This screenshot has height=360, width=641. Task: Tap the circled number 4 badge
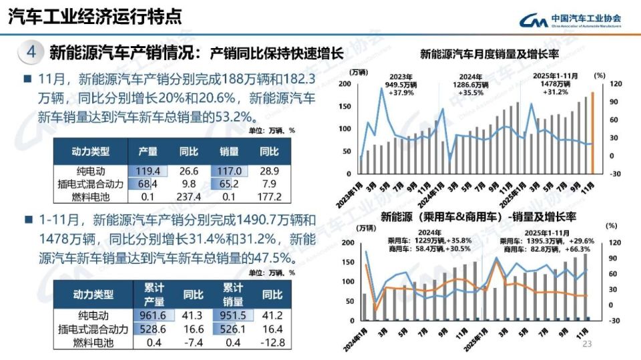[31, 52]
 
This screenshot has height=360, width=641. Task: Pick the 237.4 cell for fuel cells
[189, 197]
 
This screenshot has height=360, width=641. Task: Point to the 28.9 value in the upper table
[269, 171]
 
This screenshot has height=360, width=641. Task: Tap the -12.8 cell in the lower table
[271, 342]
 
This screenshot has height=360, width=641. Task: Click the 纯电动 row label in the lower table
[91, 315]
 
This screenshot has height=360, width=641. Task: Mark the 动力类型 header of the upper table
[90, 152]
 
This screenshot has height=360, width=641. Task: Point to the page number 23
[588, 344]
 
